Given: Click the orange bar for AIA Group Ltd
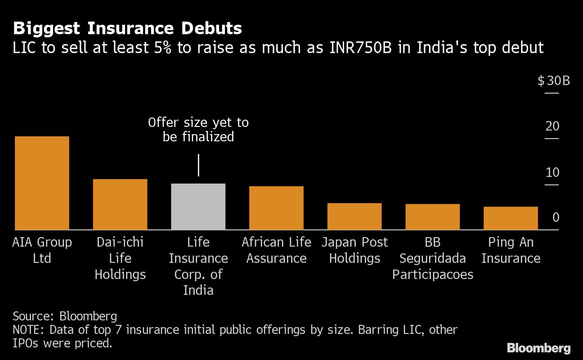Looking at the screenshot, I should (42, 183).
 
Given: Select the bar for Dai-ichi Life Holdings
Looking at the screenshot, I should (120, 204).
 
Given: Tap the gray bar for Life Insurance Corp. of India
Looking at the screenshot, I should (198, 207).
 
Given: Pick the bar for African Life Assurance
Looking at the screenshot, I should (276, 208).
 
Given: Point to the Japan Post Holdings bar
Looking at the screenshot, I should (354, 216).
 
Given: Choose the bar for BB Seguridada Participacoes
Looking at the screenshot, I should (432, 217).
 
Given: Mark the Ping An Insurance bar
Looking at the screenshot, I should (511, 218).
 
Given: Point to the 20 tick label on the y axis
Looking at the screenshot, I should (552, 126).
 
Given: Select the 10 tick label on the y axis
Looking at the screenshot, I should (552, 172).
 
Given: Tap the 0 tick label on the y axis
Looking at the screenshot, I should (556, 218).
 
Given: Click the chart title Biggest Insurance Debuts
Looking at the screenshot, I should (127, 29).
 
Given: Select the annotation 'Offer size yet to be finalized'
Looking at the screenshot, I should (198, 130).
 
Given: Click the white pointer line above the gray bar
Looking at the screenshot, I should (198, 165).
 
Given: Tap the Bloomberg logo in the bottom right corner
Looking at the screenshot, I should (538, 348).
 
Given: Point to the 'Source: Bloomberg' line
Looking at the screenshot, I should (65, 315).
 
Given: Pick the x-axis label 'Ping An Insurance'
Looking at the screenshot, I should (511, 250).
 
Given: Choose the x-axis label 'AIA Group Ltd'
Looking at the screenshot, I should (42, 250).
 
